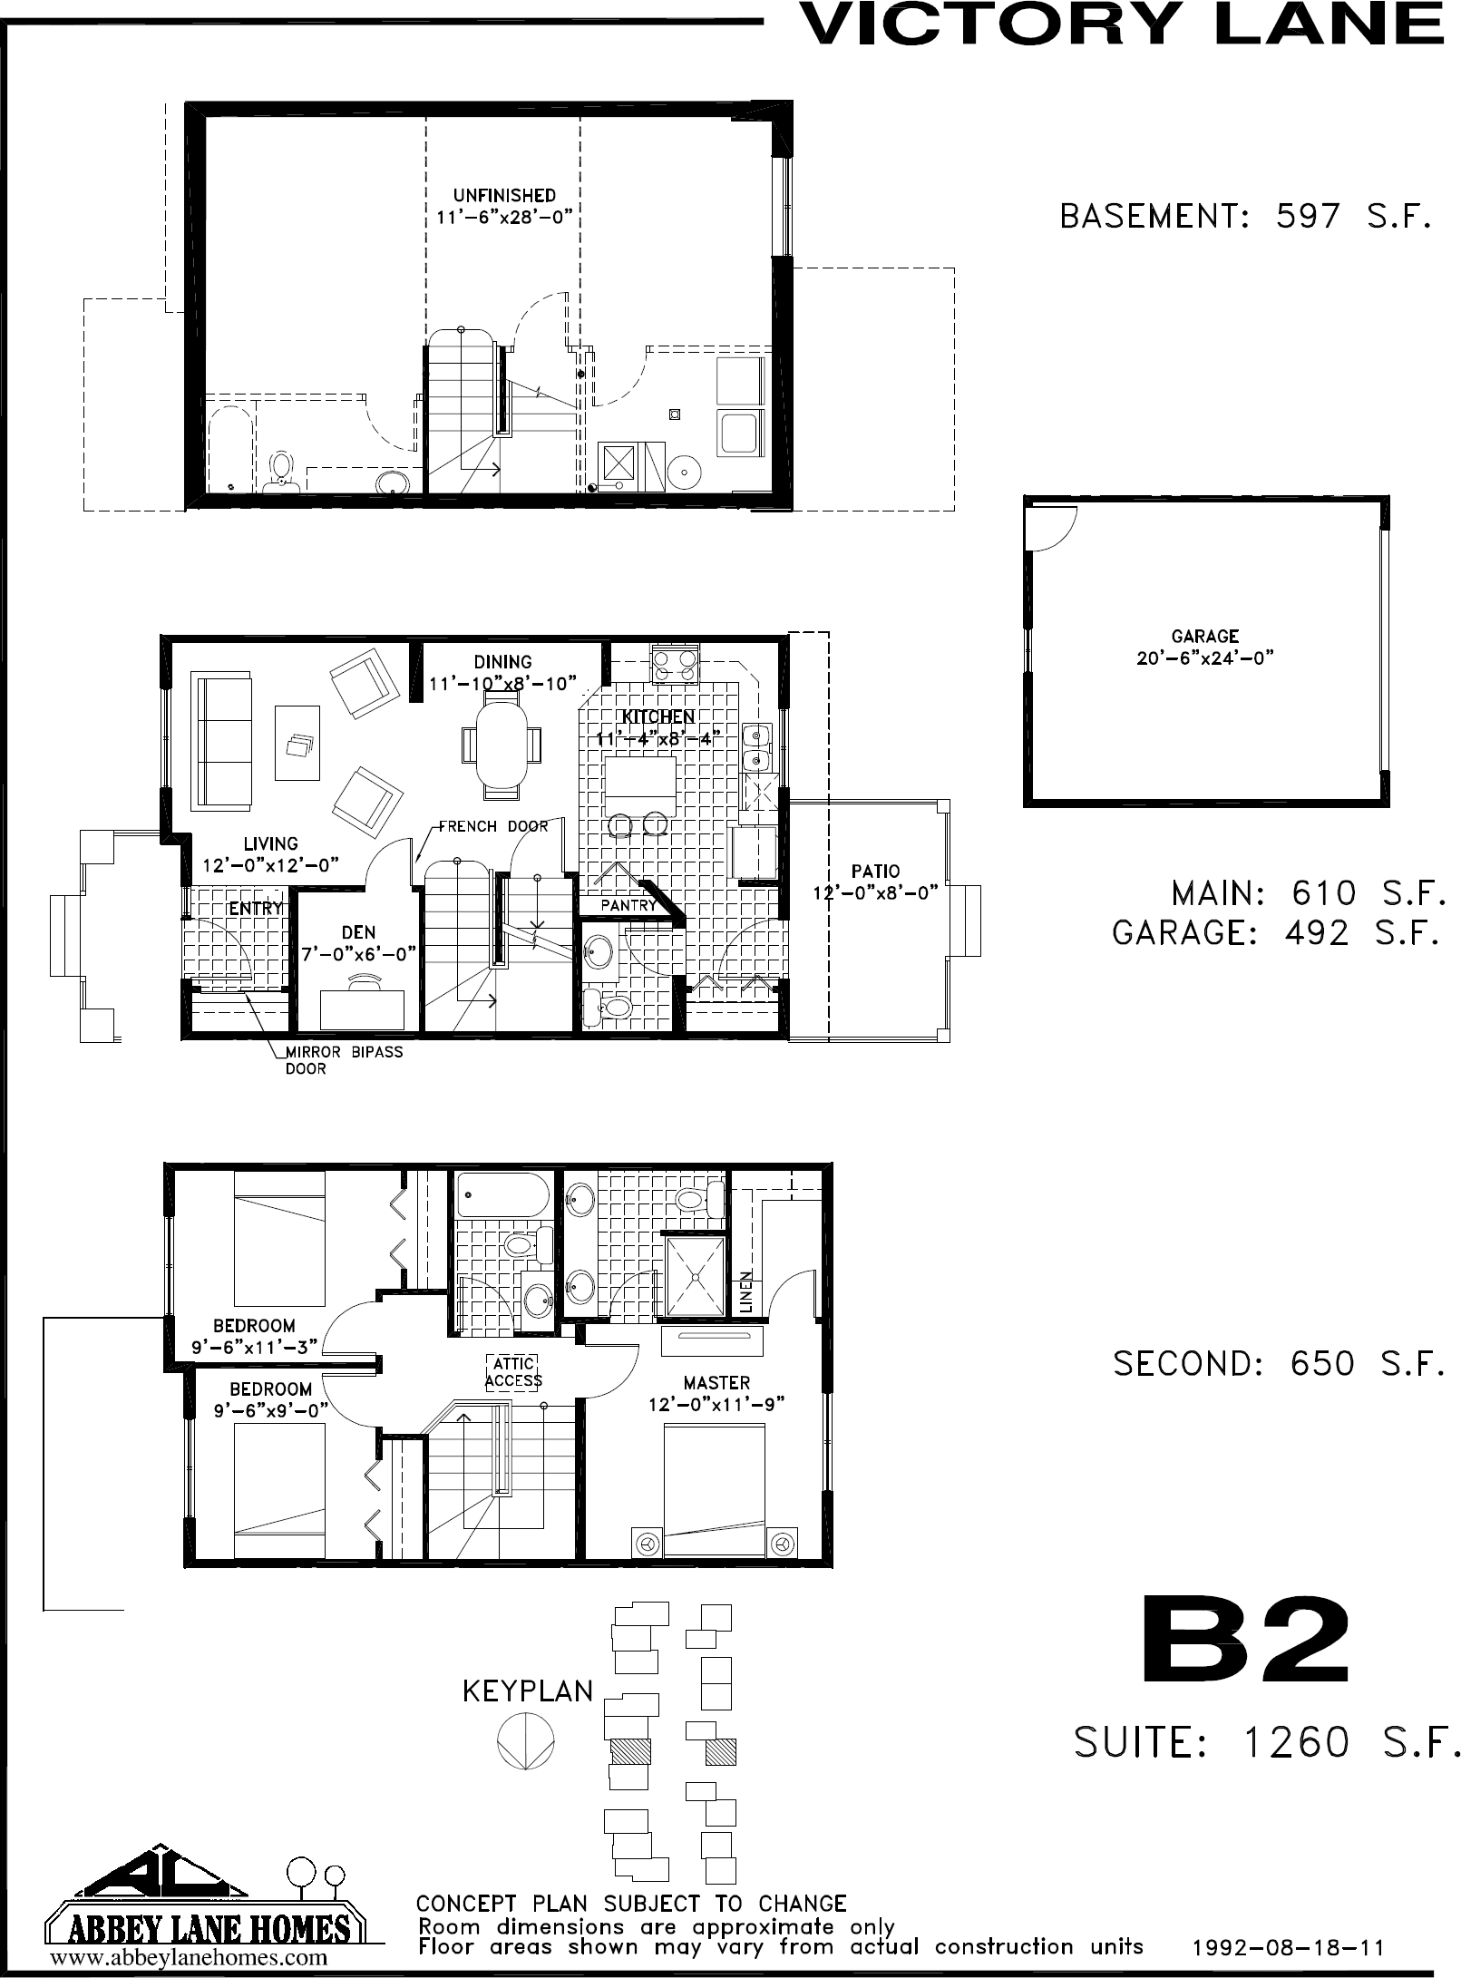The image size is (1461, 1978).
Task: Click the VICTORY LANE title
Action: [1123, 24]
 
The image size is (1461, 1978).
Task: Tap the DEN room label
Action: [358, 932]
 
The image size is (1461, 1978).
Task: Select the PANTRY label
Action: [628, 906]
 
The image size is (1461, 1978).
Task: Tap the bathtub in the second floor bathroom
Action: [502, 1195]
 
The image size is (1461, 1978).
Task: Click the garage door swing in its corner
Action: [1048, 526]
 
